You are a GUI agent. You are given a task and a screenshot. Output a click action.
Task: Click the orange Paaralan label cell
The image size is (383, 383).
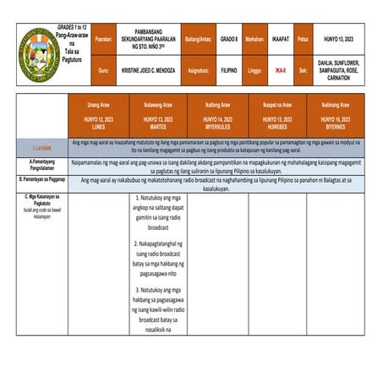[x=104, y=40]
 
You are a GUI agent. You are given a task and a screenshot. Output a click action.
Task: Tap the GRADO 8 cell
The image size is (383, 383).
[x=229, y=40]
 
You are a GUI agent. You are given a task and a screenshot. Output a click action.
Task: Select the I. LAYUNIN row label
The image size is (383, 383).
[x=41, y=146]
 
